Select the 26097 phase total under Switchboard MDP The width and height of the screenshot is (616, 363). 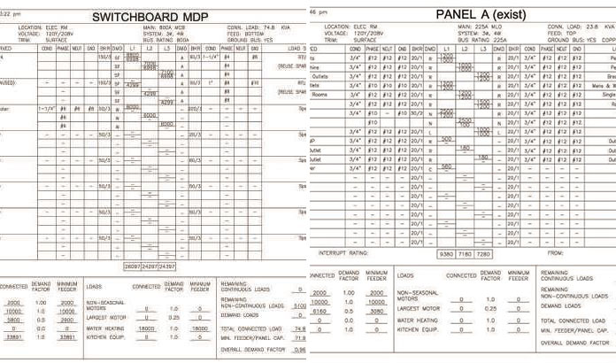(132, 241)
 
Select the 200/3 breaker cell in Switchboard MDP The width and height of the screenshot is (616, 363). (194, 108)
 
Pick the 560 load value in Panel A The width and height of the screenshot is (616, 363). (446, 166)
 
